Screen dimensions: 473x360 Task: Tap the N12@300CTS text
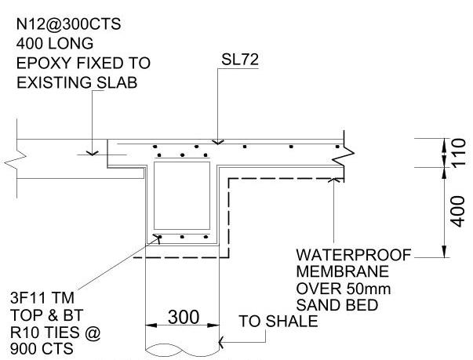point(70,24)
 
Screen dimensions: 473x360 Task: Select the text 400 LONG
point(54,43)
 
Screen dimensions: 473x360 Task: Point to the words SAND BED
point(331,306)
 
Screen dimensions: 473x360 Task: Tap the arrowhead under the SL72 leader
point(218,143)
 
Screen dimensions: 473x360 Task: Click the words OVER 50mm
point(333,289)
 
